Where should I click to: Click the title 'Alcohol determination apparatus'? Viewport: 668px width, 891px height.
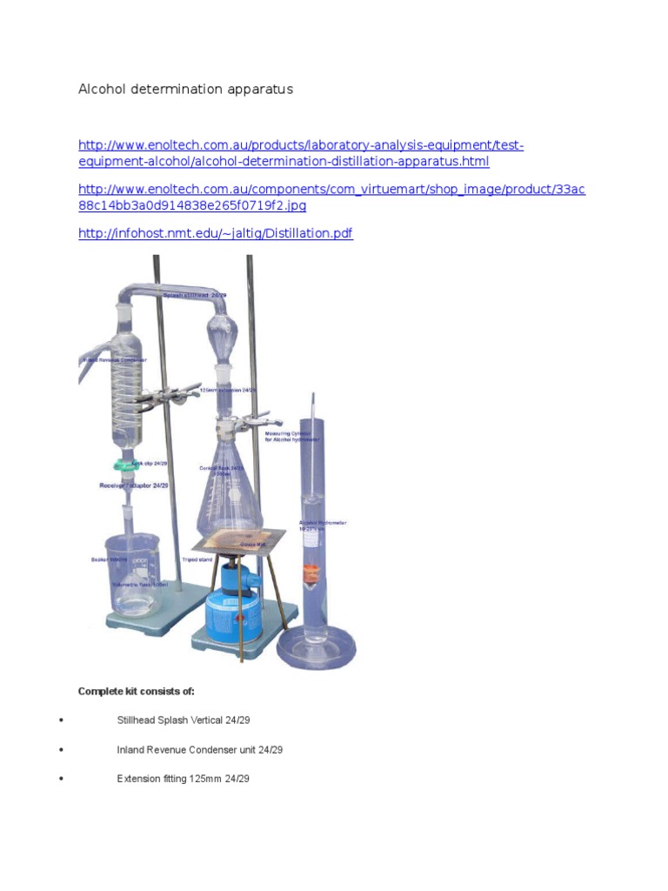coord(185,89)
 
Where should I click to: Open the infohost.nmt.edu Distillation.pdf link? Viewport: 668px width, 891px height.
coord(215,233)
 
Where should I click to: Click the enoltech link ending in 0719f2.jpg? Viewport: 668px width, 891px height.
coord(331,198)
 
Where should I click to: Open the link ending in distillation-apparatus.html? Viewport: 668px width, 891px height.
coord(300,153)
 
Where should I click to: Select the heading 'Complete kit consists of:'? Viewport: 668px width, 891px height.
coord(137,692)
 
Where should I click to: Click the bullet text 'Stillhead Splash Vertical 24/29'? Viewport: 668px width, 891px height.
coord(183,720)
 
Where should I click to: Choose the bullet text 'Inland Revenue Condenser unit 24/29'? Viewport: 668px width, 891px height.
coord(199,749)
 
